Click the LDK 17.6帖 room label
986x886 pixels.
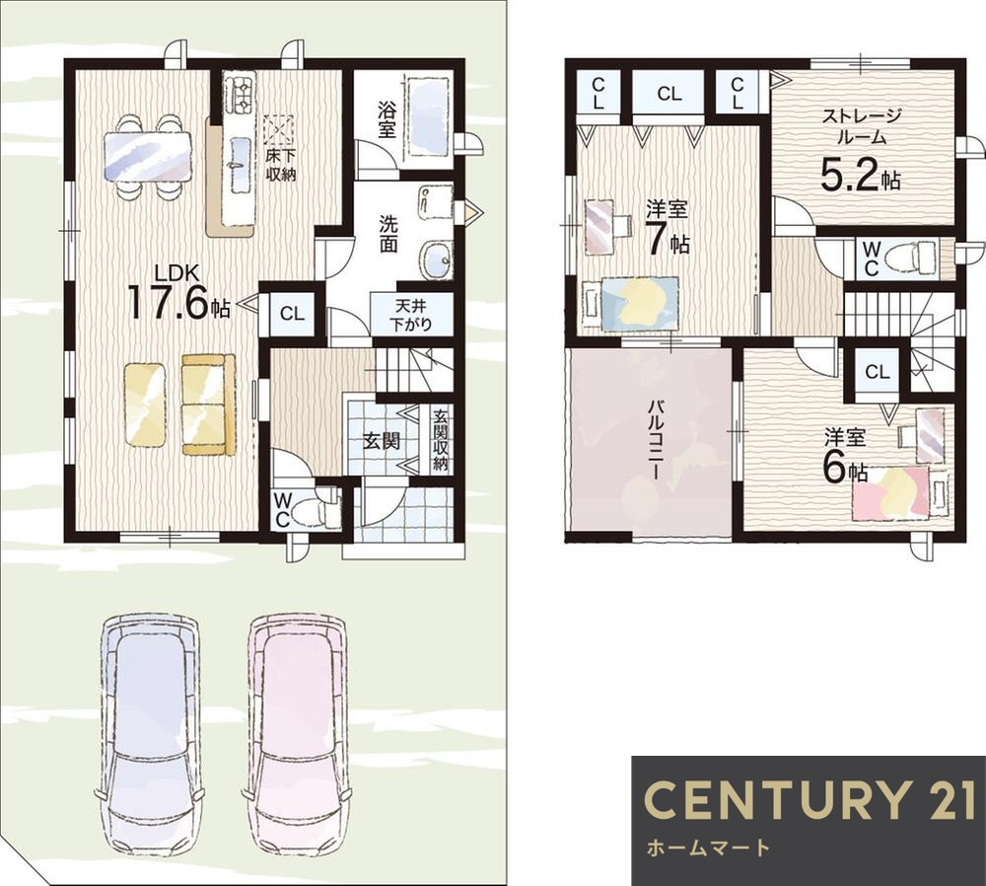point(178,293)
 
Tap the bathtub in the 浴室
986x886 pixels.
point(428,117)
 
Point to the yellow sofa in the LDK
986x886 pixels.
point(208,404)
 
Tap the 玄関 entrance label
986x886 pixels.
point(381,441)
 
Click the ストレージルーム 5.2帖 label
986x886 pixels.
point(862,149)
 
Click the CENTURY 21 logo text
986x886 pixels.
point(809,799)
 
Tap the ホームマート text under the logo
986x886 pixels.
point(707,848)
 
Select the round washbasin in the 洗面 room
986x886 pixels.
point(436,259)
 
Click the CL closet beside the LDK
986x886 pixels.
point(292,314)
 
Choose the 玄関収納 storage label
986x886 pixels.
point(440,440)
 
